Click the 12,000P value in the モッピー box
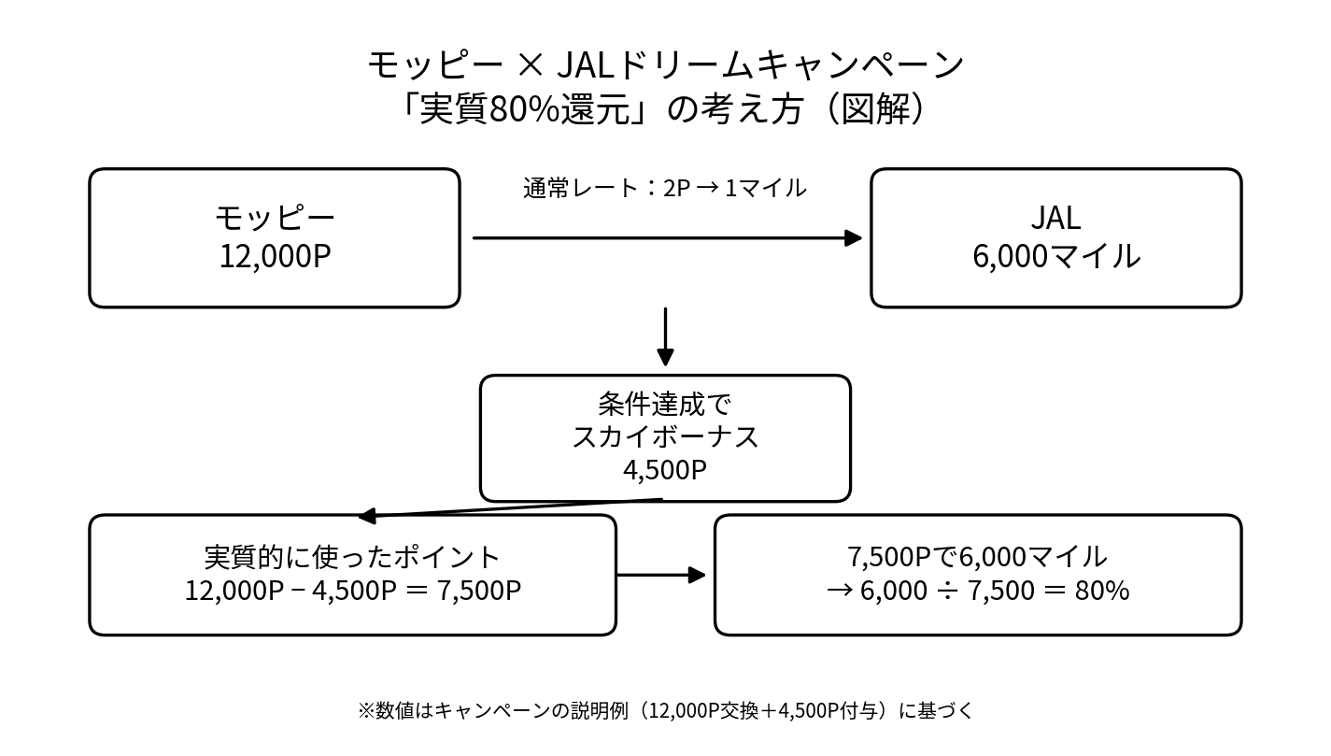[x=275, y=256]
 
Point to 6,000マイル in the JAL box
[x=1055, y=256]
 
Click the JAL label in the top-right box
[x=1055, y=218]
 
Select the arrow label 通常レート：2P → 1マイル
[x=664, y=188]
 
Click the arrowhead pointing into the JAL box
[x=853, y=238]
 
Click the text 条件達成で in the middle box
[x=664, y=405]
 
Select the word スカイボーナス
[x=664, y=436]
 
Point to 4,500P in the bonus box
[x=664, y=469]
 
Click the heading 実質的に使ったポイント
[x=352, y=557]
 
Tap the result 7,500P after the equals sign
[x=478, y=591]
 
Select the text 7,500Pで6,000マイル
[x=977, y=557]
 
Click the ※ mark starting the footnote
[x=365, y=710]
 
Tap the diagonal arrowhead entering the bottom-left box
[x=367, y=516]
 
